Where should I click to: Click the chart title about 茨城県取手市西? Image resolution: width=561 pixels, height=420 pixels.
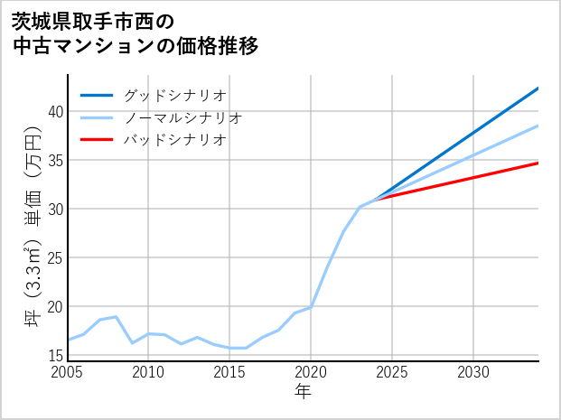[136, 33]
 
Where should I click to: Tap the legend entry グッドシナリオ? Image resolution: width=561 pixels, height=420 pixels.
[174, 95]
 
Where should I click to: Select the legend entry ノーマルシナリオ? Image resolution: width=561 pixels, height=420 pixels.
[182, 117]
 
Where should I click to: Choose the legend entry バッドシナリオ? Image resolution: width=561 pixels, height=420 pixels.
[174, 140]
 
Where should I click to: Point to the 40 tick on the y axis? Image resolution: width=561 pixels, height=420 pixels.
[56, 111]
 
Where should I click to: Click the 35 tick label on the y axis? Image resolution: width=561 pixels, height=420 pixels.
[56, 160]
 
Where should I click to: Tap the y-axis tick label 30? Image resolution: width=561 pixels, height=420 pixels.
[56, 209]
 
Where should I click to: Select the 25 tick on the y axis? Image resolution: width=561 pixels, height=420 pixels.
[56, 257]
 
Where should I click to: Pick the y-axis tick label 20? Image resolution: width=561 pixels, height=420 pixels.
[56, 306]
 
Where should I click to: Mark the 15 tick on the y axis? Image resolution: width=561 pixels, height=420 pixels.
[56, 355]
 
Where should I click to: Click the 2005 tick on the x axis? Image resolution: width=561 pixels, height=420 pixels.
[68, 372]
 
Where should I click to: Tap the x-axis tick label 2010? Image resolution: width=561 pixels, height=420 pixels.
[149, 372]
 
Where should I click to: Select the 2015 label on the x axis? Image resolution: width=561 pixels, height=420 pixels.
[229, 372]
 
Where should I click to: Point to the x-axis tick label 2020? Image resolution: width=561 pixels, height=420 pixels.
[311, 372]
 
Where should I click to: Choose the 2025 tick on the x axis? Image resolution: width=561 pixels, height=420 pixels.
[392, 372]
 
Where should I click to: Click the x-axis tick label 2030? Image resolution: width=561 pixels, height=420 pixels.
[473, 372]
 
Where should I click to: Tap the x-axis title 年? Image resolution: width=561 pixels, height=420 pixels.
[304, 392]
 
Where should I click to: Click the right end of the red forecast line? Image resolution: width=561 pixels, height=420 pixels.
[538, 163]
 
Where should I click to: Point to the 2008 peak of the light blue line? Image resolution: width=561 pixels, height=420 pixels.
[117, 317]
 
